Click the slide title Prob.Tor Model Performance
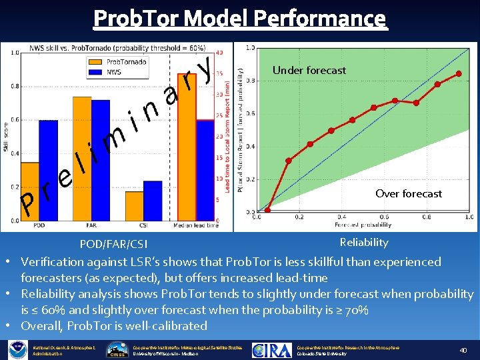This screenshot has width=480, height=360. (239, 18)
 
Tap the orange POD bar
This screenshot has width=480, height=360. (30, 191)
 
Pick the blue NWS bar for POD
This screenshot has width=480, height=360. (48, 170)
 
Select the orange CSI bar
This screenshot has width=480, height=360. (134, 206)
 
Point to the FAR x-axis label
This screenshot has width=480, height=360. (91, 225)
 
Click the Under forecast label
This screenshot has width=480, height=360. (309, 70)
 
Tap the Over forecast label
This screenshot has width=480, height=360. (408, 193)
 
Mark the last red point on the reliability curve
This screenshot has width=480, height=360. (459, 73)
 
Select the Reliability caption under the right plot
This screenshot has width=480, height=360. (363, 242)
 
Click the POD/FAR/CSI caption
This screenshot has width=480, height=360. (113, 244)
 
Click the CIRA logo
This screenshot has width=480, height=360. (271, 349)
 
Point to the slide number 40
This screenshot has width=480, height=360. (463, 349)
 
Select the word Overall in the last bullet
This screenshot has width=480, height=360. (40, 326)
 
